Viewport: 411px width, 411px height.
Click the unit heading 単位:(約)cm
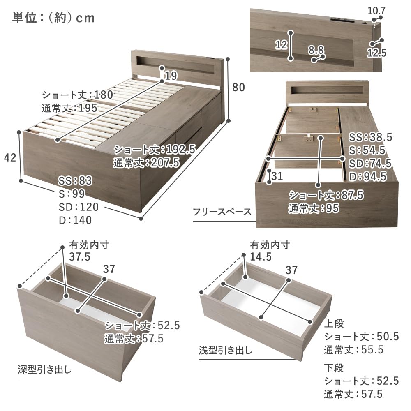[53, 18]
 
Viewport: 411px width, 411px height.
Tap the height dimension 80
[238, 88]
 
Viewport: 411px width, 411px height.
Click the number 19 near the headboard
[171, 75]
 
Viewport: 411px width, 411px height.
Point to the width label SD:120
[78, 207]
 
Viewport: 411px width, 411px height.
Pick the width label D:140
[75, 220]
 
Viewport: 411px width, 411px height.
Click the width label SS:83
[75, 180]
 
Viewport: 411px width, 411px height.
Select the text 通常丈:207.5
[146, 162]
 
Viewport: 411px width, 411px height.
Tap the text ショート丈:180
[77, 95]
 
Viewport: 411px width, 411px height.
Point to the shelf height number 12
[281, 45]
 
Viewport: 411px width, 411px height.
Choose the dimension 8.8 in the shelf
[316, 50]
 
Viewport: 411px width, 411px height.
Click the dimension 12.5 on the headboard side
[376, 53]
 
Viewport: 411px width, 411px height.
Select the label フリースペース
[222, 212]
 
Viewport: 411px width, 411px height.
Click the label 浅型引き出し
[225, 351]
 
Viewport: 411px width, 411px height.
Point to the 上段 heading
[333, 323]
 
